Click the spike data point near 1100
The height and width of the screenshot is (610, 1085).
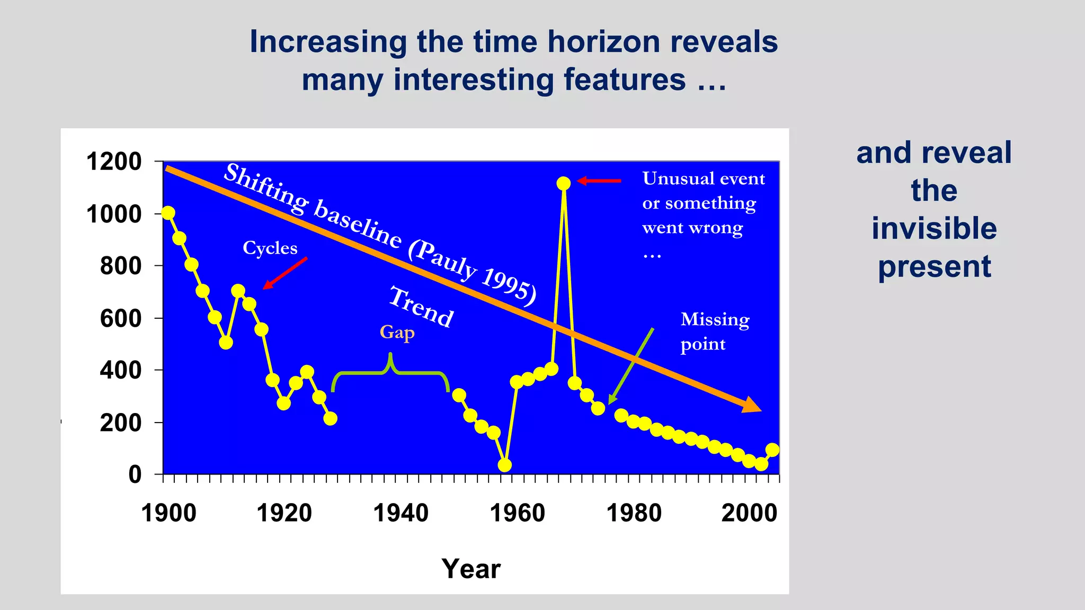(563, 183)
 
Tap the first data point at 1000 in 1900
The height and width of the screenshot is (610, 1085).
(168, 213)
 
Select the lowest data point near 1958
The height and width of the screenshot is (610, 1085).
(505, 465)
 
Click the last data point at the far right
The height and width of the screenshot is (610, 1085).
(772, 450)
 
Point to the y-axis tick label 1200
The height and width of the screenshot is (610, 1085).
(114, 162)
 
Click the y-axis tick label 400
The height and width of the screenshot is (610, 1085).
(121, 370)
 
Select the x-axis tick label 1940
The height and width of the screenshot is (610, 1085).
(401, 513)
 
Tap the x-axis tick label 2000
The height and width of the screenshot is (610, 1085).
(749, 513)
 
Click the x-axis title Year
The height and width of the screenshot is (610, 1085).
(470, 569)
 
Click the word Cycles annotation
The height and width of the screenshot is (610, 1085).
(270, 248)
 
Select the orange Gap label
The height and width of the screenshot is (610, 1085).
(397, 333)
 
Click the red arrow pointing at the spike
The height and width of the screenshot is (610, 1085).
(599, 181)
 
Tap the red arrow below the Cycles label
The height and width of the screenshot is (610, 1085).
(285, 273)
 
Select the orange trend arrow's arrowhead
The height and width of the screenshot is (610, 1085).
(751, 405)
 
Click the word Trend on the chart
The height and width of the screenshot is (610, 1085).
(422, 307)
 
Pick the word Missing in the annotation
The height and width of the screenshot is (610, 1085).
(715, 319)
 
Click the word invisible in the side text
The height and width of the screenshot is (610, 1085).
(934, 228)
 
